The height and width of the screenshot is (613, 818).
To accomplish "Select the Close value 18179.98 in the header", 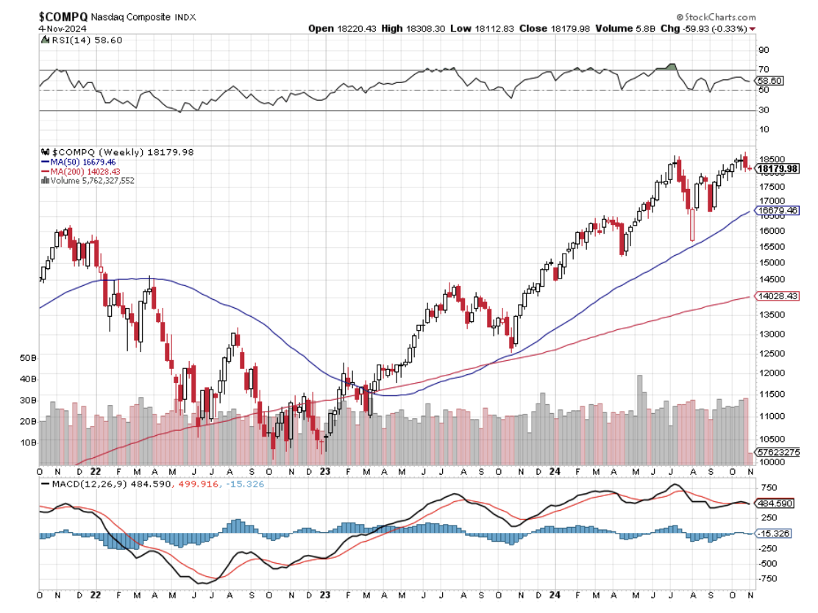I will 568,29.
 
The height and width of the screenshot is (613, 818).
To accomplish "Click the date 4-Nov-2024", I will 63,28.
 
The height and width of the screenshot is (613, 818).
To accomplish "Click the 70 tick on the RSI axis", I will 764,70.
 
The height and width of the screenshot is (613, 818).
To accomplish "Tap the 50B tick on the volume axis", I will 28,358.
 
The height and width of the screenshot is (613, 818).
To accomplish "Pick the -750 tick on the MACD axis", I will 768,578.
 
